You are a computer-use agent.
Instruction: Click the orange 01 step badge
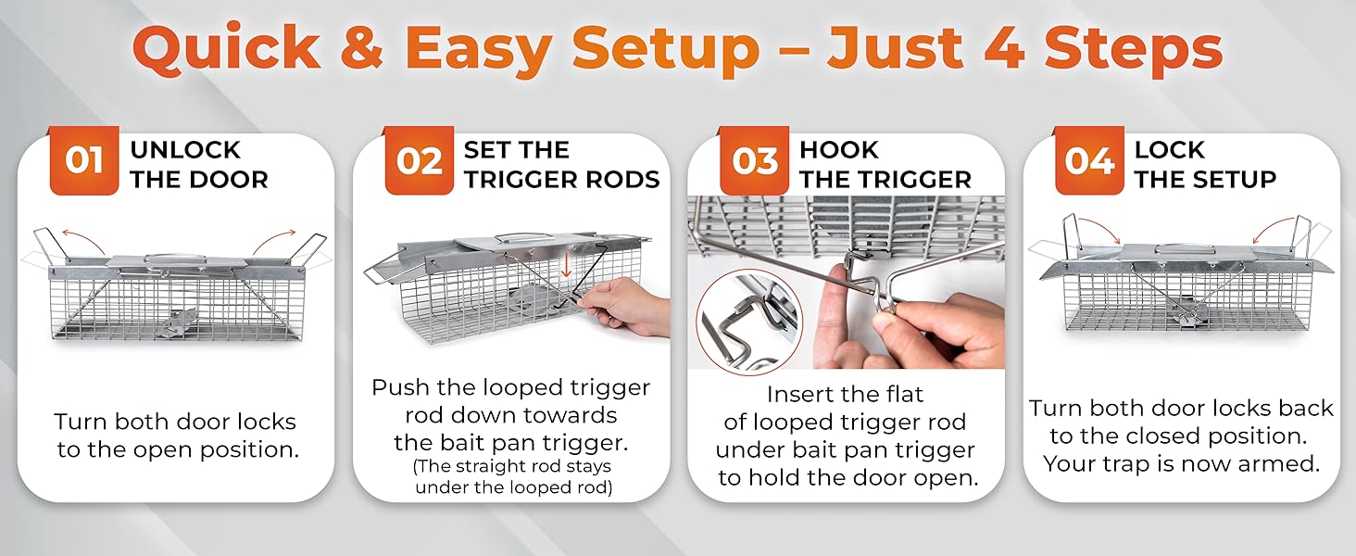(x=84, y=161)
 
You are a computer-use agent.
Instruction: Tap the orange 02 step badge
(x=419, y=161)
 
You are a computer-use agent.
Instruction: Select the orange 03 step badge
(x=754, y=161)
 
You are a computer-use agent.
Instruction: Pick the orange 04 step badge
(x=1089, y=161)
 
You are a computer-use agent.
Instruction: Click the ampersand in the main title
(x=362, y=47)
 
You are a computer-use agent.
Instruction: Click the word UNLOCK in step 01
(x=185, y=149)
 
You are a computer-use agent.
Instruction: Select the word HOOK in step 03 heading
(x=838, y=149)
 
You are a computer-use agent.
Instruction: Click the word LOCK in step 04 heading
(x=1170, y=149)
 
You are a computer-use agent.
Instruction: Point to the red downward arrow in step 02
(x=566, y=265)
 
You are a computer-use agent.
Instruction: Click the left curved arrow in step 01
(x=82, y=239)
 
